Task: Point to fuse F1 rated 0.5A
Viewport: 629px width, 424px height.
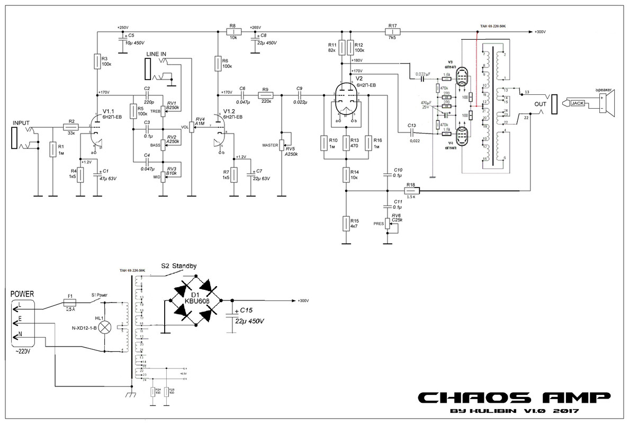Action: (70, 302)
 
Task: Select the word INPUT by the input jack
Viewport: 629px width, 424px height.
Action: (22, 122)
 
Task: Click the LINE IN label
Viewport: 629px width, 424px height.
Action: (156, 54)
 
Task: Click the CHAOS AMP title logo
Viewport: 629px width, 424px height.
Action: (514, 397)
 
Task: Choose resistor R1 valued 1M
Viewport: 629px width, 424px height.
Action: (53, 149)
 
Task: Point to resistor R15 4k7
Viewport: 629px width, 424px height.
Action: (346, 223)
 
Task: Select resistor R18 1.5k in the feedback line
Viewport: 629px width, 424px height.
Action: (411, 189)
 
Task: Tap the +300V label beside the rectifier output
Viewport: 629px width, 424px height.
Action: (303, 301)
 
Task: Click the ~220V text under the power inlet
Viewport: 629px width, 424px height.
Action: (22, 351)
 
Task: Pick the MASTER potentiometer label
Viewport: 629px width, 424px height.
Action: (270, 145)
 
